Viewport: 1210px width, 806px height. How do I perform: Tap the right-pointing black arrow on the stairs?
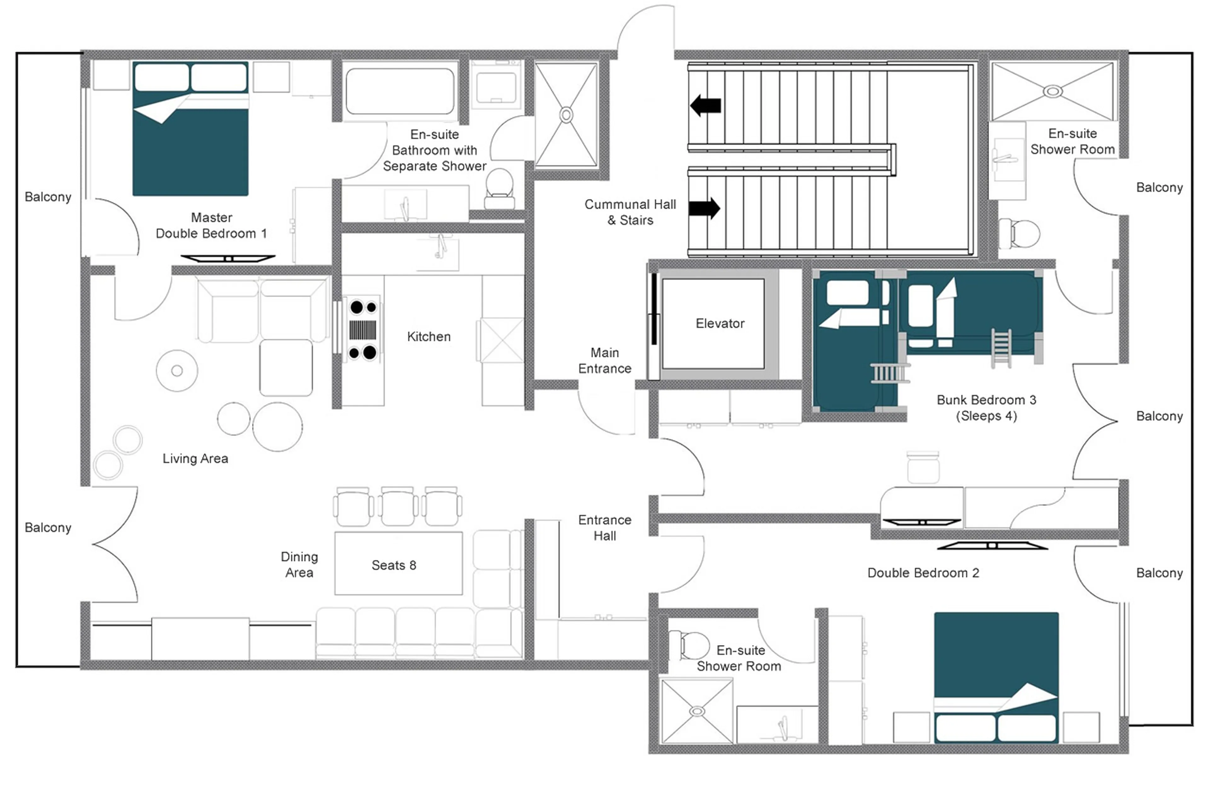coord(704,208)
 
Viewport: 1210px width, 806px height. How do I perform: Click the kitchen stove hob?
coord(363,329)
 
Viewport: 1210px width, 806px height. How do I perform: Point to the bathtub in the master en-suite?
coord(400,91)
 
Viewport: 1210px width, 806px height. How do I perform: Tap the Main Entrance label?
coord(604,360)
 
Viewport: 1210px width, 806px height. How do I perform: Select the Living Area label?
coord(195,459)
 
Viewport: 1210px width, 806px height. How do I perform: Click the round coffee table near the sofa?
coord(177,371)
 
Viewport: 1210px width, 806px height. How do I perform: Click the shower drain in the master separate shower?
coord(566,115)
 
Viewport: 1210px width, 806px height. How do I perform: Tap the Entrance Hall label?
coord(604,527)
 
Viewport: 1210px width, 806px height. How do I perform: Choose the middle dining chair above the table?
coord(397,506)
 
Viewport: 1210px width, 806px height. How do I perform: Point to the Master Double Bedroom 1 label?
coord(211,225)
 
